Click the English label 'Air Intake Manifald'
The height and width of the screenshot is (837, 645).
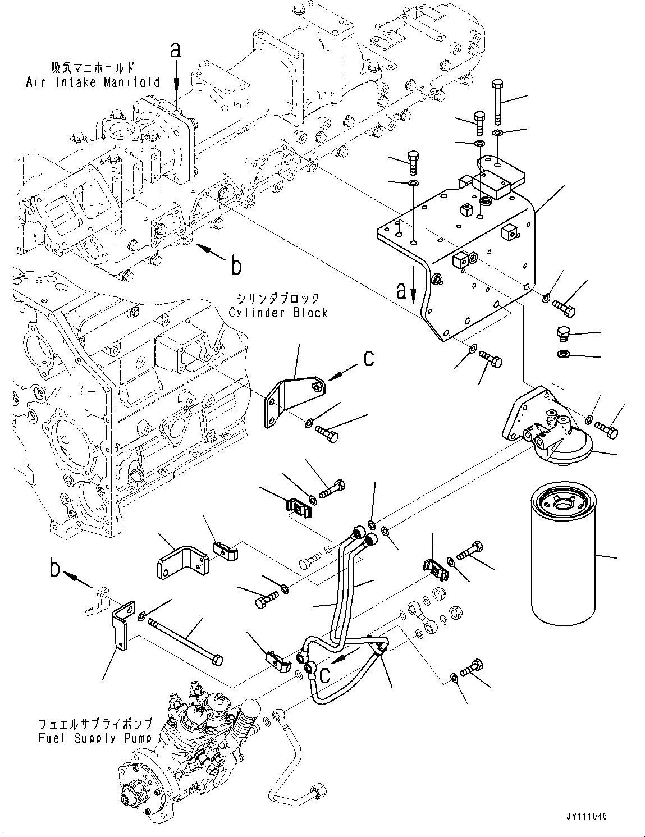pos(93,83)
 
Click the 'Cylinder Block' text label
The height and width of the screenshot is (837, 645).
pos(278,313)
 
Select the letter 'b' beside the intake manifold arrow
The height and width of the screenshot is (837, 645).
pos(236,266)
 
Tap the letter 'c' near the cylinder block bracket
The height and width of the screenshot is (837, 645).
pos(368,358)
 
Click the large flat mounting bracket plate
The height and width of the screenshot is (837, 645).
pos(455,241)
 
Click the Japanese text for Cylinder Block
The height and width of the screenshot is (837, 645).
pos(278,298)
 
